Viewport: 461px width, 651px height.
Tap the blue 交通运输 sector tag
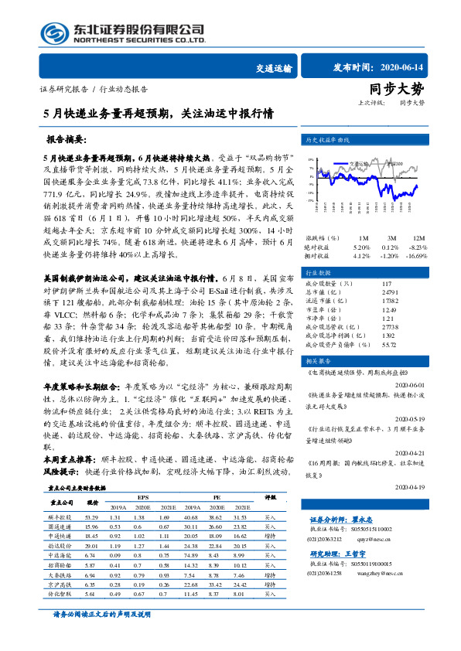coord(274,68)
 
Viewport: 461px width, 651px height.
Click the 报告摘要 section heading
coord(67,141)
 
